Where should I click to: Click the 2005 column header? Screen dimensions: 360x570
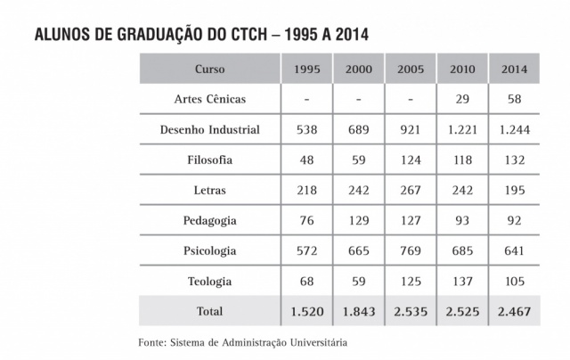click(x=411, y=69)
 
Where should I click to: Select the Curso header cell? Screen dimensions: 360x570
click(x=209, y=69)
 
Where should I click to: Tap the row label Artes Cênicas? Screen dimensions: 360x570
click(x=209, y=99)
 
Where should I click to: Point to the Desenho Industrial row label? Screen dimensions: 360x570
click(x=209, y=129)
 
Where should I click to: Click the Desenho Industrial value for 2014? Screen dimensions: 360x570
click(x=515, y=129)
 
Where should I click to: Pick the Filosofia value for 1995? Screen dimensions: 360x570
click(x=306, y=160)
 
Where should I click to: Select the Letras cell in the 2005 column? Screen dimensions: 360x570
click(x=411, y=190)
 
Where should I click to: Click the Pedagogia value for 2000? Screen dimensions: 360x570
click(x=358, y=220)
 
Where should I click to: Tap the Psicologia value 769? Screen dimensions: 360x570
click(x=411, y=250)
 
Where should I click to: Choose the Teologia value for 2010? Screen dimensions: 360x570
click(x=462, y=281)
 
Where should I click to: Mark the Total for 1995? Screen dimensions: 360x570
click(x=306, y=311)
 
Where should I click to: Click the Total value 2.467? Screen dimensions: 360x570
click(x=515, y=311)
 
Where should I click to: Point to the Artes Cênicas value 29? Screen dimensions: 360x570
click(x=462, y=99)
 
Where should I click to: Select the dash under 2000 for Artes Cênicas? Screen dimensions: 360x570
click(x=358, y=99)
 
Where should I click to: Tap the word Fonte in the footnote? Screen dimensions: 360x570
click(x=152, y=342)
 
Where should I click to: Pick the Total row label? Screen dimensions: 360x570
click(x=209, y=311)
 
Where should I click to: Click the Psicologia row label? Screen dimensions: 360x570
click(x=209, y=250)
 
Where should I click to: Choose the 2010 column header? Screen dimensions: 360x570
click(x=462, y=69)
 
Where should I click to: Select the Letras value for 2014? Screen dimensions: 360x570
click(x=515, y=190)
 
